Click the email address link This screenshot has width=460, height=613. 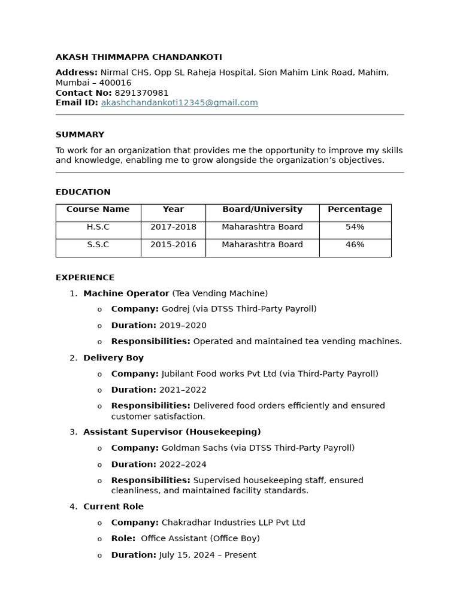[x=179, y=103]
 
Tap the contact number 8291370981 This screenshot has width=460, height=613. [x=141, y=93]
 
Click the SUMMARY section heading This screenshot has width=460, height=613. [x=80, y=135]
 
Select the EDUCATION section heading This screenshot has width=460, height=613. [x=83, y=192]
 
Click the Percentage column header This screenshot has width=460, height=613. [x=355, y=210]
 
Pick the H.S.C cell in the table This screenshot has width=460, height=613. [x=98, y=227]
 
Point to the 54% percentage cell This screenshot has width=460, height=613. [x=355, y=227]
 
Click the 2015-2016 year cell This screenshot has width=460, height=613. [x=173, y=245]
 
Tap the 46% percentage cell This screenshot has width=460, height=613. [x=355, y=245]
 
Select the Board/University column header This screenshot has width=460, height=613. [x=262, y=210]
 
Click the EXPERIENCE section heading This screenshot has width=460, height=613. [x=84, y=278]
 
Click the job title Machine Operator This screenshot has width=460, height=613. [x=126, y=294]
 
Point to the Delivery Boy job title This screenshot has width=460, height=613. [x=113, y=358]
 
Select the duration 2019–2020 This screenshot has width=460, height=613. [x=183, y=326]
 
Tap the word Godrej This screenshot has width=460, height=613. [x=175, y=309]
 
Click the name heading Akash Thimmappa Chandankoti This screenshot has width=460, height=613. [x=138, y=57]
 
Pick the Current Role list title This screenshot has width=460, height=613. [x=113, y=507]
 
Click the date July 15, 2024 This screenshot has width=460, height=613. [x=187, y=556]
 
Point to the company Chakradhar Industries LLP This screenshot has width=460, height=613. [x=222, y=523]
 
